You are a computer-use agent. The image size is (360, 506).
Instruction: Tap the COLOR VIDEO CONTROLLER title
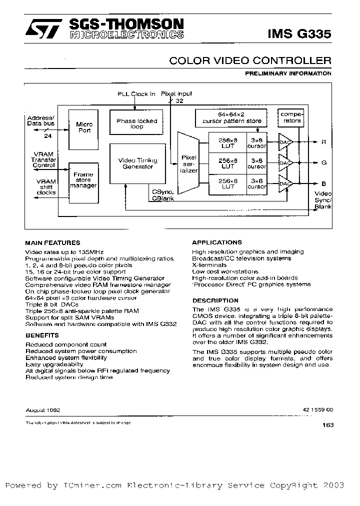point(250,60)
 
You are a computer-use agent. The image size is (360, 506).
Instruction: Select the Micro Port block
point(83,127)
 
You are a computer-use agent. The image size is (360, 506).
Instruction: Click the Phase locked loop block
point(136,123)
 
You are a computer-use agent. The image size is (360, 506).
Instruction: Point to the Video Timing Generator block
point(137,163)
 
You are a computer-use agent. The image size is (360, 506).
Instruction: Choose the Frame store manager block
point(83,181)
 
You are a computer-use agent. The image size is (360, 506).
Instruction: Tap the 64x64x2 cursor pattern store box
point(231,118)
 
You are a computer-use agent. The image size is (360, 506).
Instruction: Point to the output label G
point(323,162)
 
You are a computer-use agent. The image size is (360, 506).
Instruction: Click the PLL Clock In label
point(136,93)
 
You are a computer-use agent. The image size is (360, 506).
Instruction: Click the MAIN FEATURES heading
point(52,242)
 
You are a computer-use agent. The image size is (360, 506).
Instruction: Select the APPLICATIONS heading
point(217,242)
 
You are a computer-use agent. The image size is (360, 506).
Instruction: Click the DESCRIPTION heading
point(215,300)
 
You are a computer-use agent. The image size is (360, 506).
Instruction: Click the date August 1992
point(43,409)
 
